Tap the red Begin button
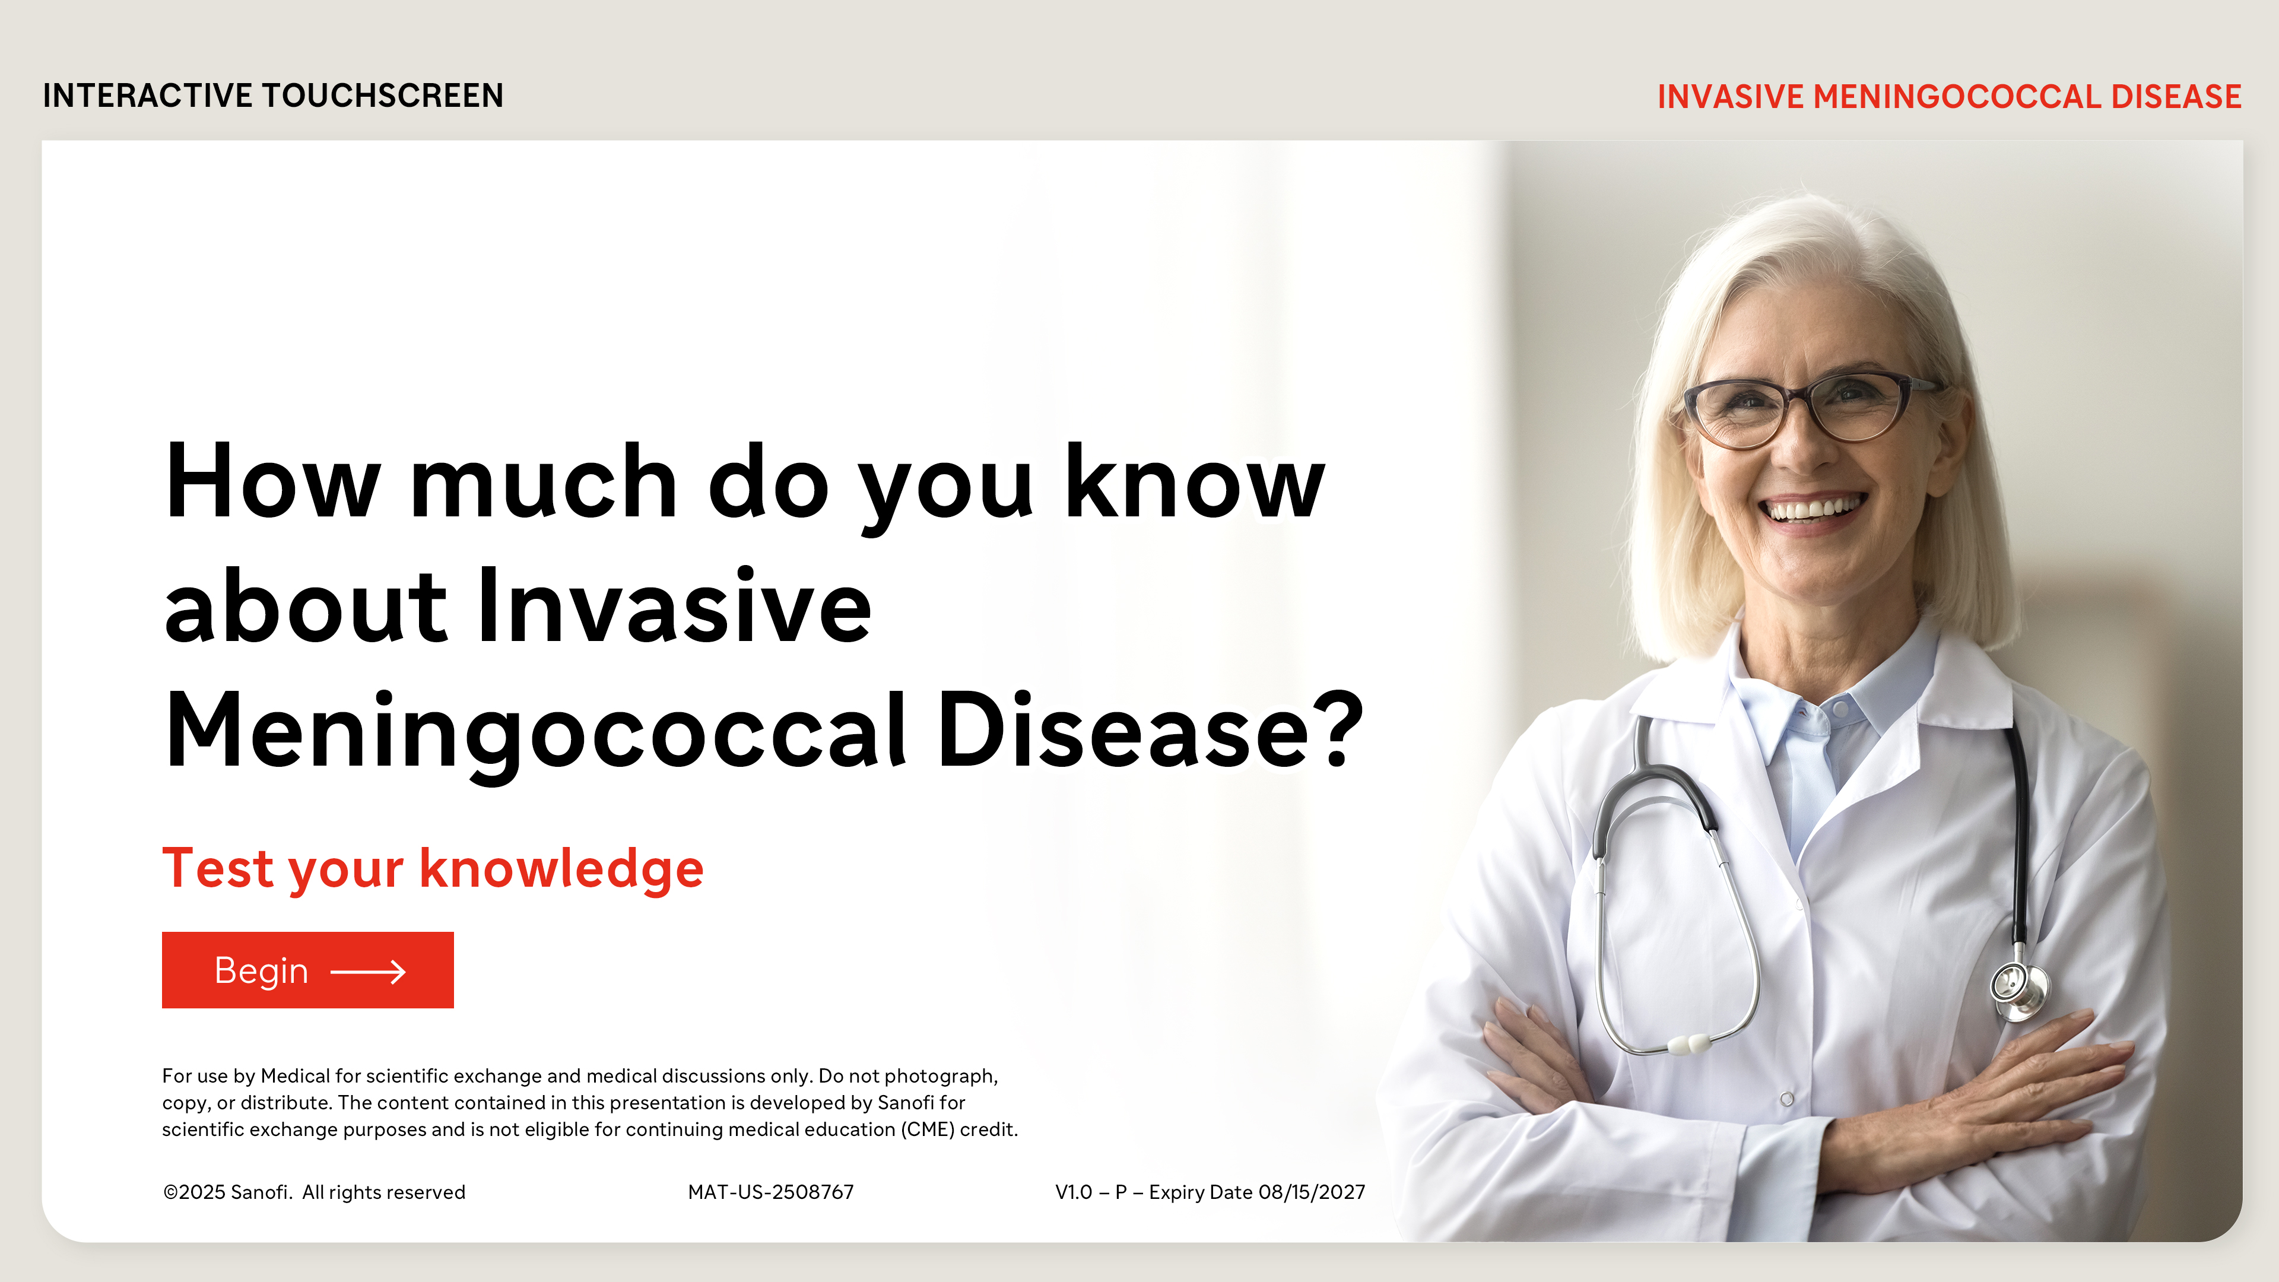pyautogui.click(x=308, y=970)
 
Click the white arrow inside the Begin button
pyautogui.click(x=368, y=972)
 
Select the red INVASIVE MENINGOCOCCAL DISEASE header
pyautogui.click(x=1949, y=96)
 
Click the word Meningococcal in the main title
pyautogui.click(x=536, y=731)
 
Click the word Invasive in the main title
pyautogui.click(x=674, y=606)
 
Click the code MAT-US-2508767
pyautogui.click(x=770, y=1192)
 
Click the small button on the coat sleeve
pyautogui.click(x=1787, y=1099)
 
